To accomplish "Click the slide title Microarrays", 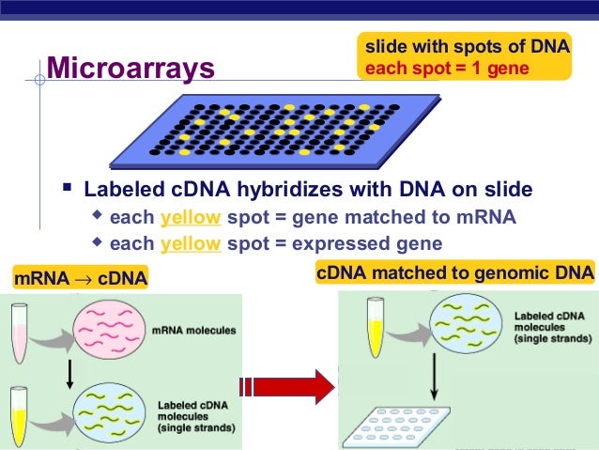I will click(131, 69).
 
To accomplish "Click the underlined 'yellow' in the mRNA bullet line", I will click(191, 218).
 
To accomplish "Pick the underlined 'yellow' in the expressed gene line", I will click(191, 244).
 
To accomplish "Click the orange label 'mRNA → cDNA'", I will click(80, 278).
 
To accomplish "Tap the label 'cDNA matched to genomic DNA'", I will click(454, 273).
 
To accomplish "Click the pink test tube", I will click(21, 330).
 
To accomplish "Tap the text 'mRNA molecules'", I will click(194, 331).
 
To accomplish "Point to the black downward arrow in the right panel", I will click(435, 380).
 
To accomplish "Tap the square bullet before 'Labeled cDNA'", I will click(68, 190).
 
